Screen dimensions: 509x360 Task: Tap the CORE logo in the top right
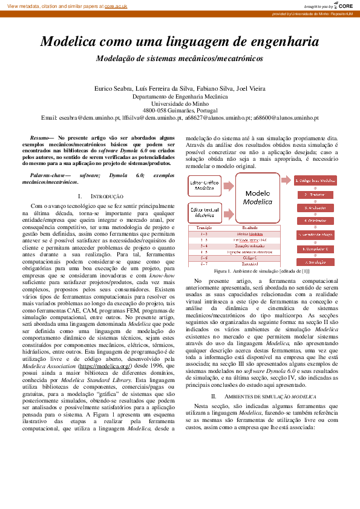coord(342,5)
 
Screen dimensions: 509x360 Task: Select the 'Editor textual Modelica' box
coord(204,212)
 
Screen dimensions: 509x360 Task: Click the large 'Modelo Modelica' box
coord(257,198)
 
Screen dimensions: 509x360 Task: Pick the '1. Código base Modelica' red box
coord(315,181)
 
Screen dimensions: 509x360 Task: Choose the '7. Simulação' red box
coord(315,262)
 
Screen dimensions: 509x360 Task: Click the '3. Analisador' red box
coord(315,208)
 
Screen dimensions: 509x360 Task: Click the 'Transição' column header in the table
coord(204,228)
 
